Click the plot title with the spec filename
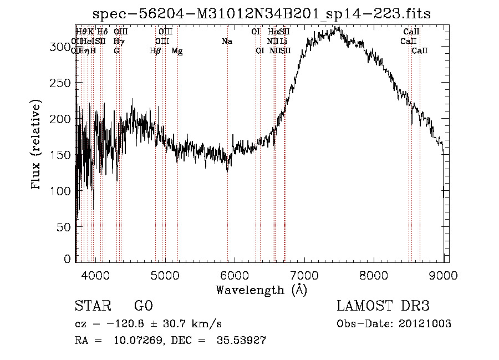[262, 13]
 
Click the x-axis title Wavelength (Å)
[261, 290]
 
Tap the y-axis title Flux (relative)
[37, 145]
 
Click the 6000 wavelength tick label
[235, 274]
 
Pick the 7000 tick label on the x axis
[304, 274]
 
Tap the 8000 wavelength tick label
[374, 274]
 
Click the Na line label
[226, 41]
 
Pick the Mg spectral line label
[177, 51]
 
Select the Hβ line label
[156, 50]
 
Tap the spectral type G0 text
[143, 306]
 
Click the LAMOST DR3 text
[383, 306]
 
